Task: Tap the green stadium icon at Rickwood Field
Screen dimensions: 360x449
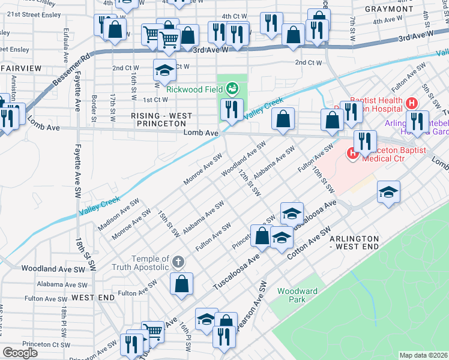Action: click(232, 90)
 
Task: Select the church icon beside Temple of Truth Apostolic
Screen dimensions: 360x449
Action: click(178, 262)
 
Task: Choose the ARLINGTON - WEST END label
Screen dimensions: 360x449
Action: click(354, 242)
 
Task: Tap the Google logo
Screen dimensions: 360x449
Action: click(20, 353)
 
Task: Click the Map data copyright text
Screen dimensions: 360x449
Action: click(424, 355)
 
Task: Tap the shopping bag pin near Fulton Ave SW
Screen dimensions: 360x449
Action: click(181, 284)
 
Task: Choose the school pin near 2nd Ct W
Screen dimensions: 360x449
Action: click(164, 71)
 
